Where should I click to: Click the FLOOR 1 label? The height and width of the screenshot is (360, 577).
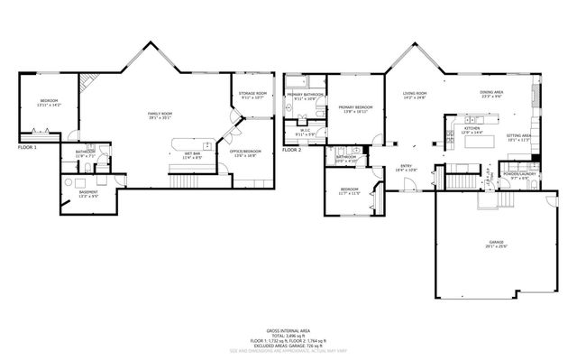tap(28, 146)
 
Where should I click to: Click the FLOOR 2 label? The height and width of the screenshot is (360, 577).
tap(291, 150)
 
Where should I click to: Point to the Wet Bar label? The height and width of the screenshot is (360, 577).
tap(192, 155)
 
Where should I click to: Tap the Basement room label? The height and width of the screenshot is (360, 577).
tap(88, 194)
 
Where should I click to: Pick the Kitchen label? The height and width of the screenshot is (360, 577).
tap(472, 130)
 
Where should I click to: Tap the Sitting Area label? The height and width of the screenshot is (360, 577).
tap(518, 137)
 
